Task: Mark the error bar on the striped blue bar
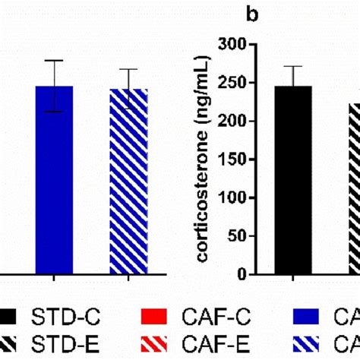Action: click(128, 78)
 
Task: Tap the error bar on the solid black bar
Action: click(293, 75)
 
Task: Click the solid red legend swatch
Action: click(154, 316)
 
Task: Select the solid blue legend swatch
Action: click(311, 316)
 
